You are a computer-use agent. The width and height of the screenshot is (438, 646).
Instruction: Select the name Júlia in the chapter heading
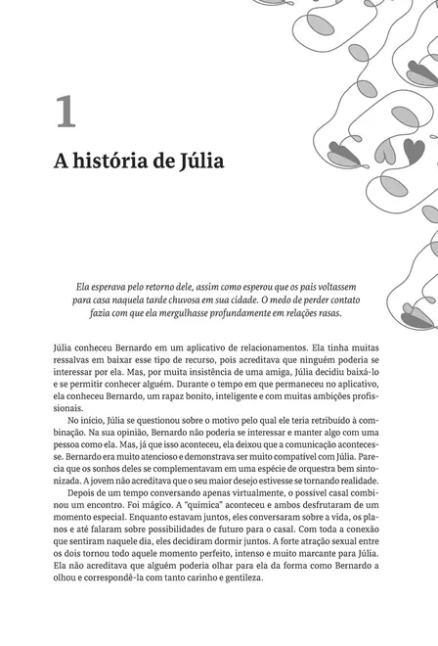197,162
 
